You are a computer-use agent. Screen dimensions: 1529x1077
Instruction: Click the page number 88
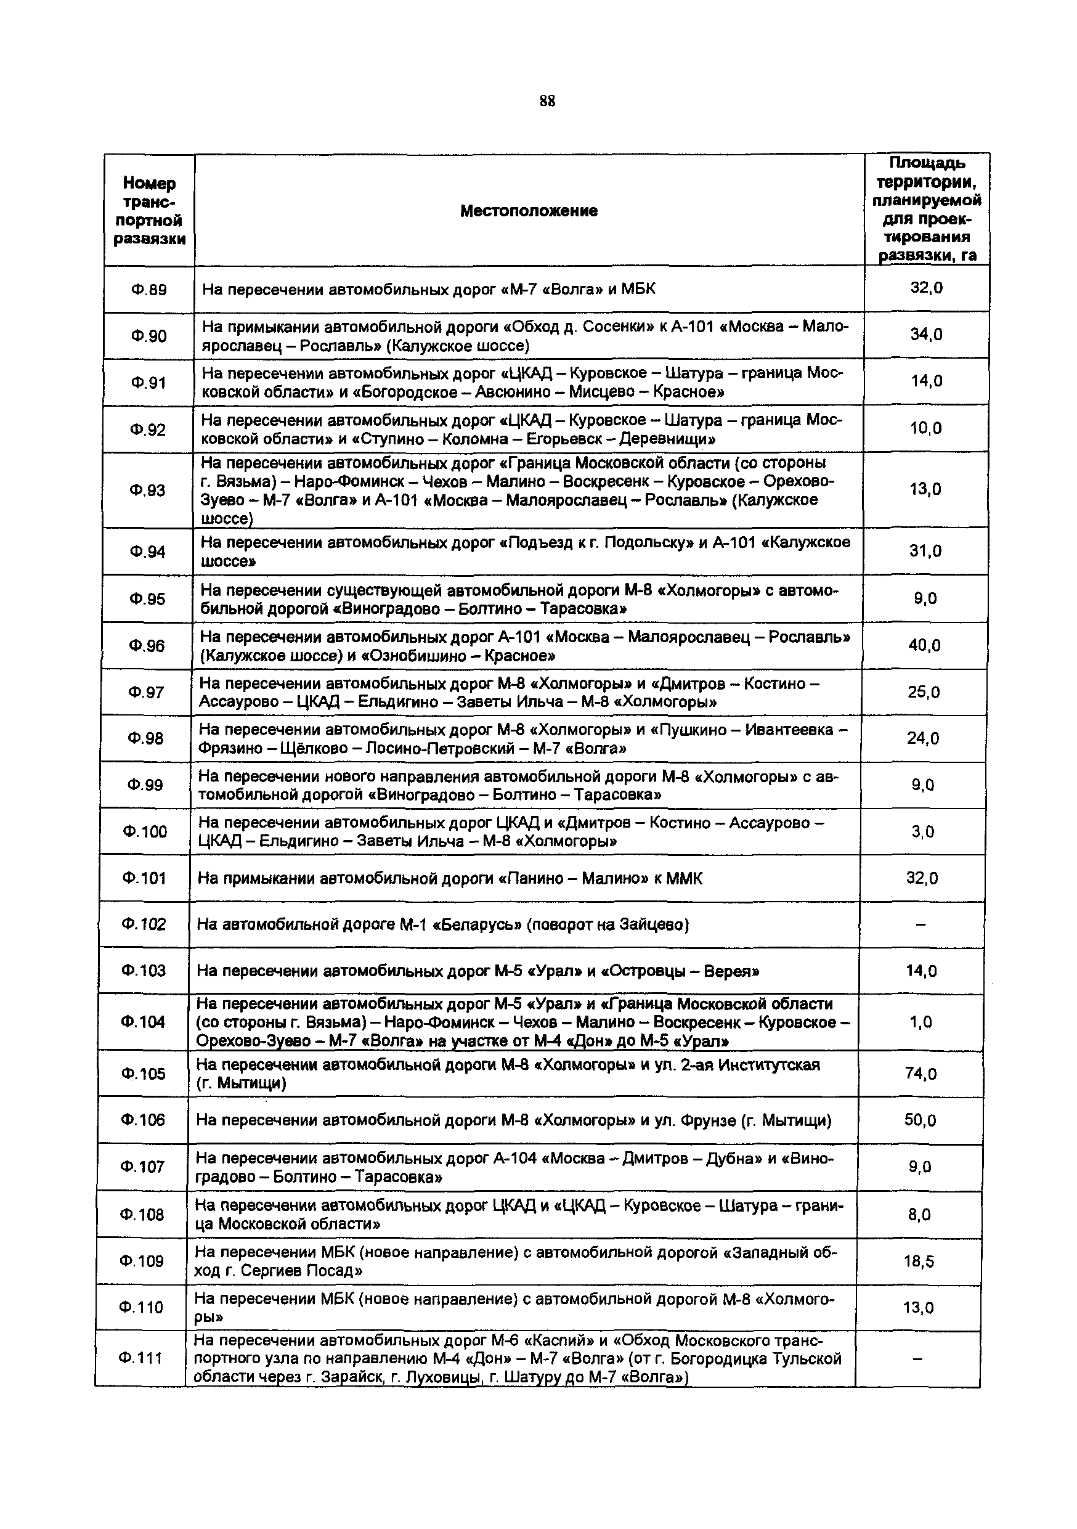pos(547,101)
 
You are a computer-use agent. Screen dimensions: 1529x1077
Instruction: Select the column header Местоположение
pos(529,211)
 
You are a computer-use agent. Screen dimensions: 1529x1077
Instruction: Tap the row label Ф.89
pos(148,290)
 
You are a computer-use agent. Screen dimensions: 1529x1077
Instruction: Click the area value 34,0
pos(926,334)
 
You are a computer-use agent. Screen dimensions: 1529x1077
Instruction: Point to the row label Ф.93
pos(148,490)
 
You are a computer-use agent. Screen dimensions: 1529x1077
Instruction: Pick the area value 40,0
pos(925,645)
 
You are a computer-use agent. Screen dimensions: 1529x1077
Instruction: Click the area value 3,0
pos(922,831)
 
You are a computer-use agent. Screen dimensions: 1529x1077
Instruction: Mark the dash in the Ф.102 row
pos(921,924)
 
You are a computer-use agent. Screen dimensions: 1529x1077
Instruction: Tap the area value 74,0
pos(921,1073)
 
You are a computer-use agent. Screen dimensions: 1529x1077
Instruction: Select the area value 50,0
pos(920,1120)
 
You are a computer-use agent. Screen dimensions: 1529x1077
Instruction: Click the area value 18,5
pos(919,1262)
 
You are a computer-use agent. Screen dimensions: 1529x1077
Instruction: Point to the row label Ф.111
pos(140,1358)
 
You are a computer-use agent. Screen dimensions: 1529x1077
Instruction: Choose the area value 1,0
pos(921,1022)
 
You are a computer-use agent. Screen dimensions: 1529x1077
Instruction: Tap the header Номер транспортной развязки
pos(149,211)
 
